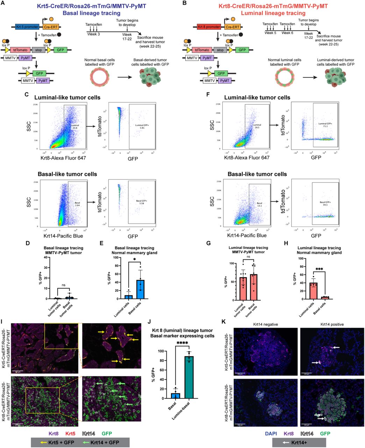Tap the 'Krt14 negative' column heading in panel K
(x=266, y=324)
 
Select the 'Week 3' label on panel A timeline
(x=92, y=33)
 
